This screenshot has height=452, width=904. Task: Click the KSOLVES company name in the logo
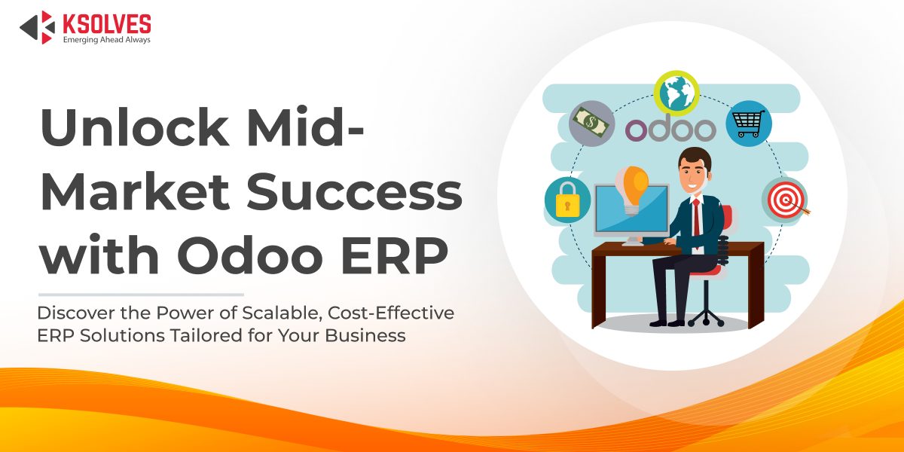107,24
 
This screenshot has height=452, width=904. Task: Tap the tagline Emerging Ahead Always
106,39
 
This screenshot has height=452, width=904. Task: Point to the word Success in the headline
354,191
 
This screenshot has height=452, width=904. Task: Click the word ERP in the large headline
395,255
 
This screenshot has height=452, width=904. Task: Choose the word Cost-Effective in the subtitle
391,313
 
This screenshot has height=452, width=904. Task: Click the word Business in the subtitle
365,335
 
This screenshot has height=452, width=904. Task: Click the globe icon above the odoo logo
676,93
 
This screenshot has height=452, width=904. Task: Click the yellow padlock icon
567,200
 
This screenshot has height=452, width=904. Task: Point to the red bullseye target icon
785,200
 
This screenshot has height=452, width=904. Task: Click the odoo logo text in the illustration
670,128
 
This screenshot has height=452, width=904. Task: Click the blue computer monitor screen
632,209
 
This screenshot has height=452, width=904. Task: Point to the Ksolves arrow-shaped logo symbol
38,27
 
